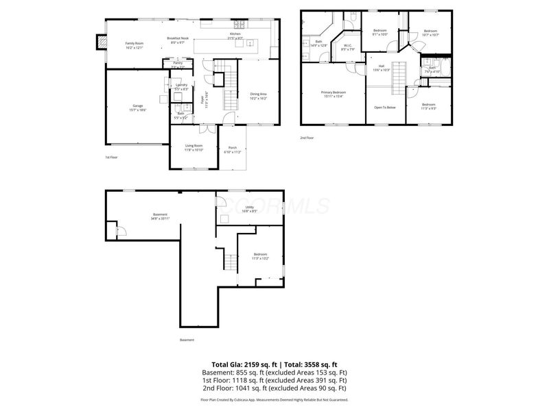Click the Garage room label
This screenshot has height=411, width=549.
click(138, 108)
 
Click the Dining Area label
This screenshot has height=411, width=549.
click(258, 95)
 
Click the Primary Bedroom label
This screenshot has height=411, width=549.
click(333, 94)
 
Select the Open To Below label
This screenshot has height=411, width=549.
click(384, 108)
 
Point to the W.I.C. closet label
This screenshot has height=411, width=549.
click(348, 47)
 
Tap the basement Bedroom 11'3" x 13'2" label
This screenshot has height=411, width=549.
click(260, 256)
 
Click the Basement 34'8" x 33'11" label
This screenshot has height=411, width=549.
click(160, 216)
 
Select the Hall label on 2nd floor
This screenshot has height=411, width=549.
click(381, 68)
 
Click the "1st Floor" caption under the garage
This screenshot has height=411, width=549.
click(112, 157)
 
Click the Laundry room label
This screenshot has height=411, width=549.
click(181, 87)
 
